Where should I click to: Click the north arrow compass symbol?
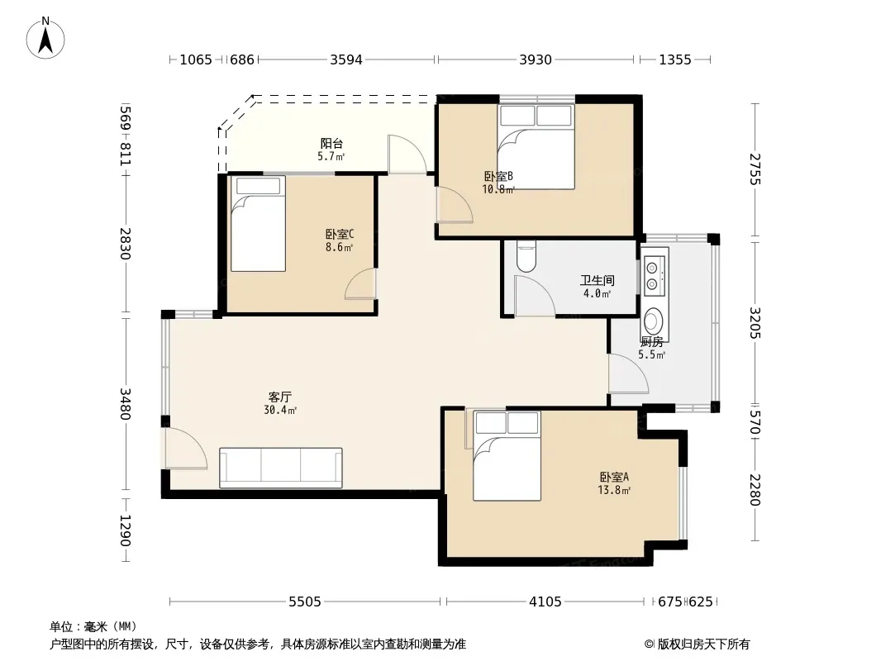(x=45, y=38)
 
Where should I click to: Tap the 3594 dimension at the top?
(x=346, y=59)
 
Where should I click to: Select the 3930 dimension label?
(x=536, y=59)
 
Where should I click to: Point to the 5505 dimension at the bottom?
(x=304, y=602)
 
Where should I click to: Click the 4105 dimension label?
(x=545, y=602)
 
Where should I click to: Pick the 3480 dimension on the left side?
(x=125, y=404)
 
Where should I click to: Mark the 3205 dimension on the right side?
(x=755, y=323)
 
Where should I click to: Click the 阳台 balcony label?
(x=331, y=144)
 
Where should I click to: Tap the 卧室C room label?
(x=340, y=234)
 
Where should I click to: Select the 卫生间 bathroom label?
(x=598, y=280)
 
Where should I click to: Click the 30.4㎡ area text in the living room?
(x=280, y=411)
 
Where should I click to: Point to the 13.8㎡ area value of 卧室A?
(x=614, y=490)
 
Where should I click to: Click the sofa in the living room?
(x=281, y=468)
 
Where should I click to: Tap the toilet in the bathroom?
(x=526, y=257)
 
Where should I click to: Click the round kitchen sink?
(x=653, y=321)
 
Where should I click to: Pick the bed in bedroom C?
(x=258, y=224)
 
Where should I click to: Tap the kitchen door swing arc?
(x=629, y=373)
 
